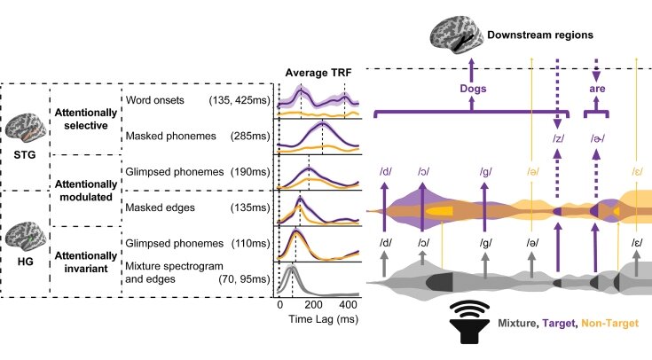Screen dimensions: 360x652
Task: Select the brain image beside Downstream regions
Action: pyautogui.click(x=456, y=36)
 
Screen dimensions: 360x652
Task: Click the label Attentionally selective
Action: pyautogui.click(x=85, y=118)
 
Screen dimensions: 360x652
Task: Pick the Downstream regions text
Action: pyautogui.click(x=538, y=36)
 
